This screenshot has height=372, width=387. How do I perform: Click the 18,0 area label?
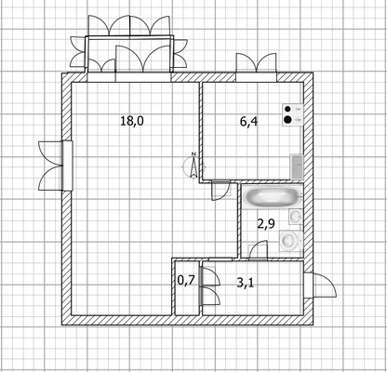pyautogui.click(x=132, y=121)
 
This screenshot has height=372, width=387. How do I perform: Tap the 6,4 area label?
pyautogui.click(x=248, y=122)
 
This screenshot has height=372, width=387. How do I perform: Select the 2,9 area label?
pyautogui.click(x=266, y=223)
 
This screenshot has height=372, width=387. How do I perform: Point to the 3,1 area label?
pyautogui.click(x=245, y=283)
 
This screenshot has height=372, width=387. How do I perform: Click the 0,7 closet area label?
pyautogui.click(x=186, y=281)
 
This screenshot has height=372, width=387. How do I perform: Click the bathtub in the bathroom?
pyautogui.click(x=273, y=197)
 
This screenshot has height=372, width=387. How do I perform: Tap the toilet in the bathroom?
pyautogui.click(x=291, y=240)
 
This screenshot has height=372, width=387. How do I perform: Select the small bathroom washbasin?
pyautogui.click(x=296, y=216)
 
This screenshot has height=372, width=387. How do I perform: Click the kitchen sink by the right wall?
pyautogui.click(x=296, y=166)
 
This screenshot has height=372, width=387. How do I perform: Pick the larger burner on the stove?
pyautogui.click(x=288, y=119)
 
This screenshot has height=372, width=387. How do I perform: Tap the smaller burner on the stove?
pyautogui.click(x=287, y=109)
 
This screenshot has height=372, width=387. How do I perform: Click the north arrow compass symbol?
pyautogui.click(x=193, y=166)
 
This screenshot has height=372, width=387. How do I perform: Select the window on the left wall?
pyautogui.click(x=56, y=166)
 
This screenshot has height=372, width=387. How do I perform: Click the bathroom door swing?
pyautogui.click(x=258, y=249)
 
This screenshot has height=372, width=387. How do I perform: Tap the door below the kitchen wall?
pyautogui.click(x=220, y=191)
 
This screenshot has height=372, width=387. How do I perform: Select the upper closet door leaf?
pyautogui.click(x=210, y=276)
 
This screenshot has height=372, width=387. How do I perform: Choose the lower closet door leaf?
pyautogui.click(x=210, y=296)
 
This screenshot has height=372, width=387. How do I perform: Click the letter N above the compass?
pyautogui.click(x=193, y=153)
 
